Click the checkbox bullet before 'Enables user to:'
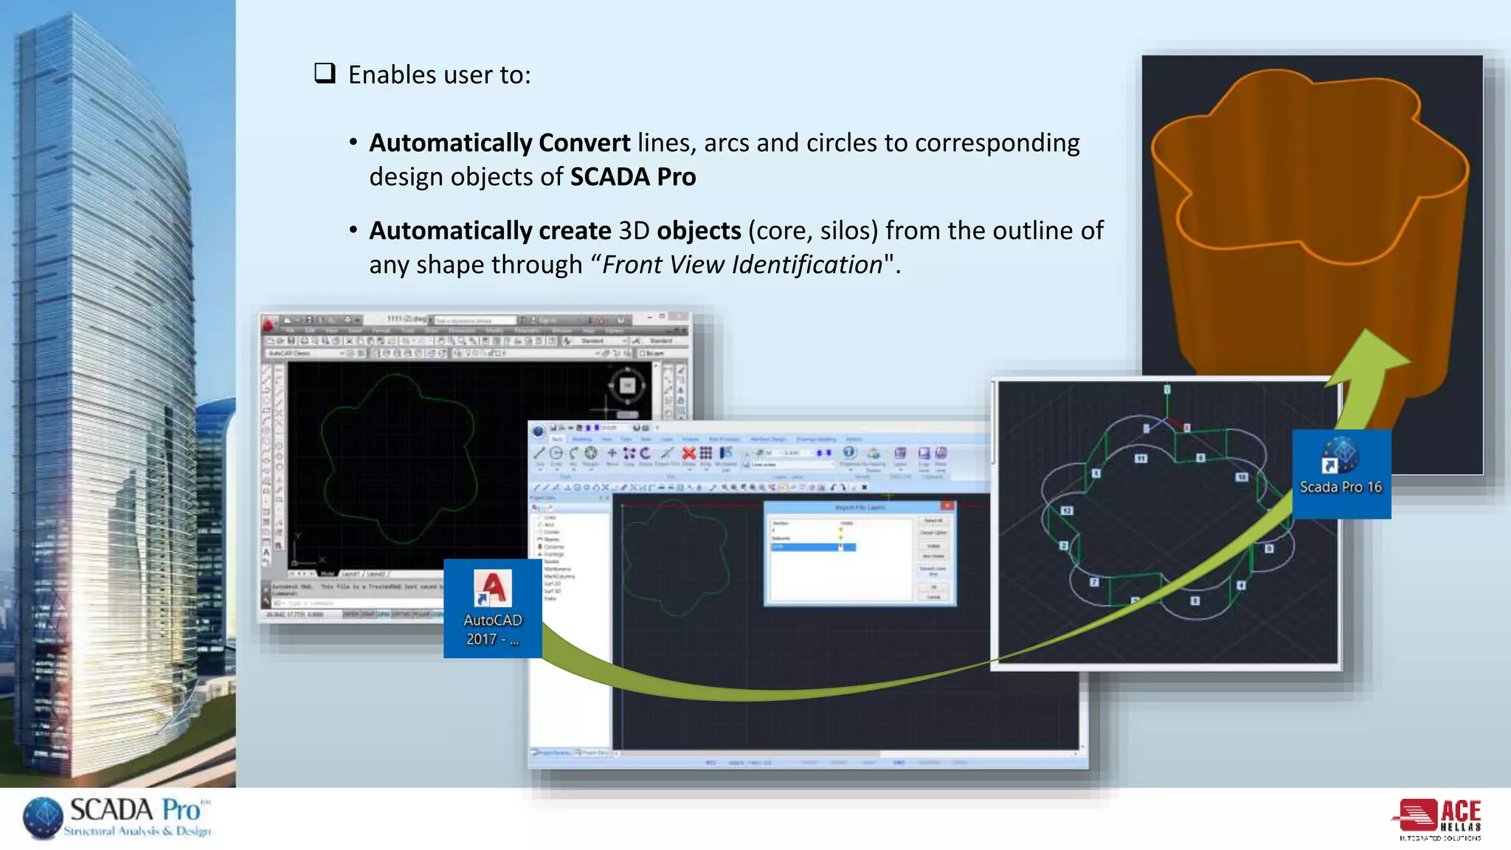coord(325,73)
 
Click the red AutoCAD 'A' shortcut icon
coord(493,588)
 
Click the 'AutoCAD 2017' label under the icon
coord(493,629)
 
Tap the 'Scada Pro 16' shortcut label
coord(1341,487)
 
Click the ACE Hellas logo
coord(1439,819)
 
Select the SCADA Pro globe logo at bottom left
coord(44,818)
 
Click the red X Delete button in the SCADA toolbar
coord(688,453)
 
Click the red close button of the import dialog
coord(947,506)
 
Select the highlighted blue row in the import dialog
coord(812,547)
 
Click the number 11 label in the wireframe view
coord(1141,458)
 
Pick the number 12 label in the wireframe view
coord(1067,511)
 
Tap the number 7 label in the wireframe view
coord(1094,582)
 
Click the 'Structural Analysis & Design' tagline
coord(137,832)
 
